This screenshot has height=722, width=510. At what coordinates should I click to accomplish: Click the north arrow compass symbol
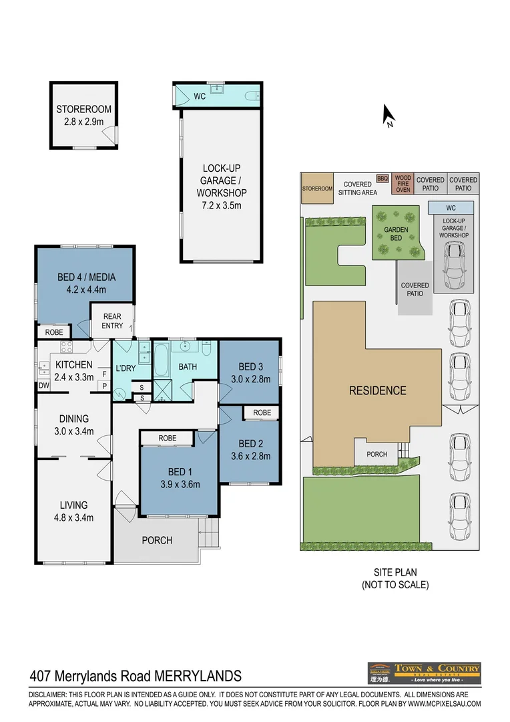[x=388, y=116]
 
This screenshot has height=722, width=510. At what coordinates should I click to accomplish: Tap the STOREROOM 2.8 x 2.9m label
[x=83, y=115]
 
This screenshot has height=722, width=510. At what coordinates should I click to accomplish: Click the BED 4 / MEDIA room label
[x=86, y=283]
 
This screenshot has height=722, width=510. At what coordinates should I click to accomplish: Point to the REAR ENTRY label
[x=112, y=321]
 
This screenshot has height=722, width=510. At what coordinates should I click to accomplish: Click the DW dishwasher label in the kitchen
[x=43, y=386]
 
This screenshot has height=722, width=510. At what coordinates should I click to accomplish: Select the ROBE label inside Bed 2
[x=262, y=412]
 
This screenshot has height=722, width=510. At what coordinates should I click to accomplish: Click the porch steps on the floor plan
[x=210, y=534]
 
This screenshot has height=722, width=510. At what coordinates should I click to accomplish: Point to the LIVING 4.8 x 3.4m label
[x=73, y=511]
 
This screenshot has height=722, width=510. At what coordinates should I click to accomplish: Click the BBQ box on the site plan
[x=382, y=178]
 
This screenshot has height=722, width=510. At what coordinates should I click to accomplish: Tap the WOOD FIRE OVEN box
[x=403, y=184]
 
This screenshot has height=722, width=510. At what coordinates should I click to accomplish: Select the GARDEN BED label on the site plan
[x=396, y=233]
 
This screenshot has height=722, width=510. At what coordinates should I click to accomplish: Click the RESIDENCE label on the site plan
[x=377, y=390]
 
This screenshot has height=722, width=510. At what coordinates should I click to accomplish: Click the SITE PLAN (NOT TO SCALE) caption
[x=395, y=578]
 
